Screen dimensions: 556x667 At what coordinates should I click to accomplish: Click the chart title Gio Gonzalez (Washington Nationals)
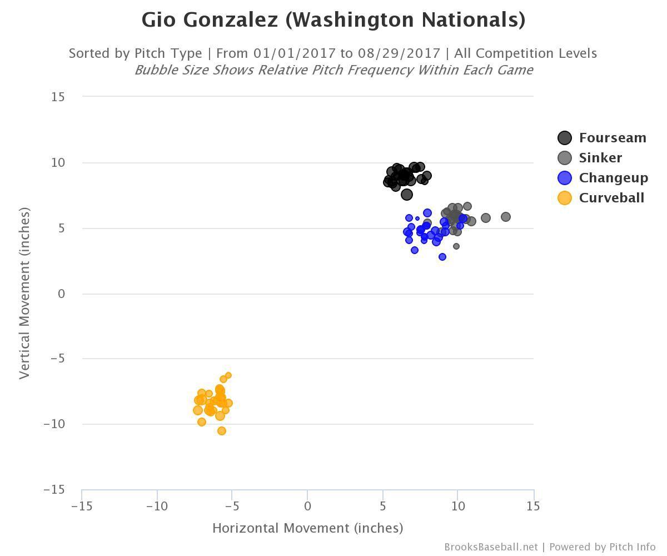click(x=333, y=20)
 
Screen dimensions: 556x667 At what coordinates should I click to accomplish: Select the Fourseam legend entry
click(x=612, y=138)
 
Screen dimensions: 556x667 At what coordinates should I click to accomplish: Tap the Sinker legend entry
click(x=600, y=158)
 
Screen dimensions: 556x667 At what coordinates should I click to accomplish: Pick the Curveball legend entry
click(x=611, y=198)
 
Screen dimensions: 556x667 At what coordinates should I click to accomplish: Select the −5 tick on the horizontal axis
click(x=232, y=507)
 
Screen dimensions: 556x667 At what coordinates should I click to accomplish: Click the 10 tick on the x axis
click(x=457, y=507)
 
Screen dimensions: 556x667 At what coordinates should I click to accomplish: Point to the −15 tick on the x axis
click(x=82, y=507)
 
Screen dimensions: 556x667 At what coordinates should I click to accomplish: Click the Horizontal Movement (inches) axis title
click(x=307, y=528)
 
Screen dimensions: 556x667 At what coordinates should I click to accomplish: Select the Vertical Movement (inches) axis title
click(x=24, y=293)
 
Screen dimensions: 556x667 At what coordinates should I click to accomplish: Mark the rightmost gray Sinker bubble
click(x=506, y=217)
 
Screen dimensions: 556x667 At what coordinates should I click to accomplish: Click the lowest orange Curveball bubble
click(x=222, y=431)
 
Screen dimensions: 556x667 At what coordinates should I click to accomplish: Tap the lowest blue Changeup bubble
click(x=442, y=257)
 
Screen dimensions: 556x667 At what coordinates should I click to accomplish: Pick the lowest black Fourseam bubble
click(x=407, y=195)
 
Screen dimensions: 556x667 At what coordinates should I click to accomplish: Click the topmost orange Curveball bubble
click(x=228, y=376)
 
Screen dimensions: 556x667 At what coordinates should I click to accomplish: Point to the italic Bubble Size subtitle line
click(x=333, y=70)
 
